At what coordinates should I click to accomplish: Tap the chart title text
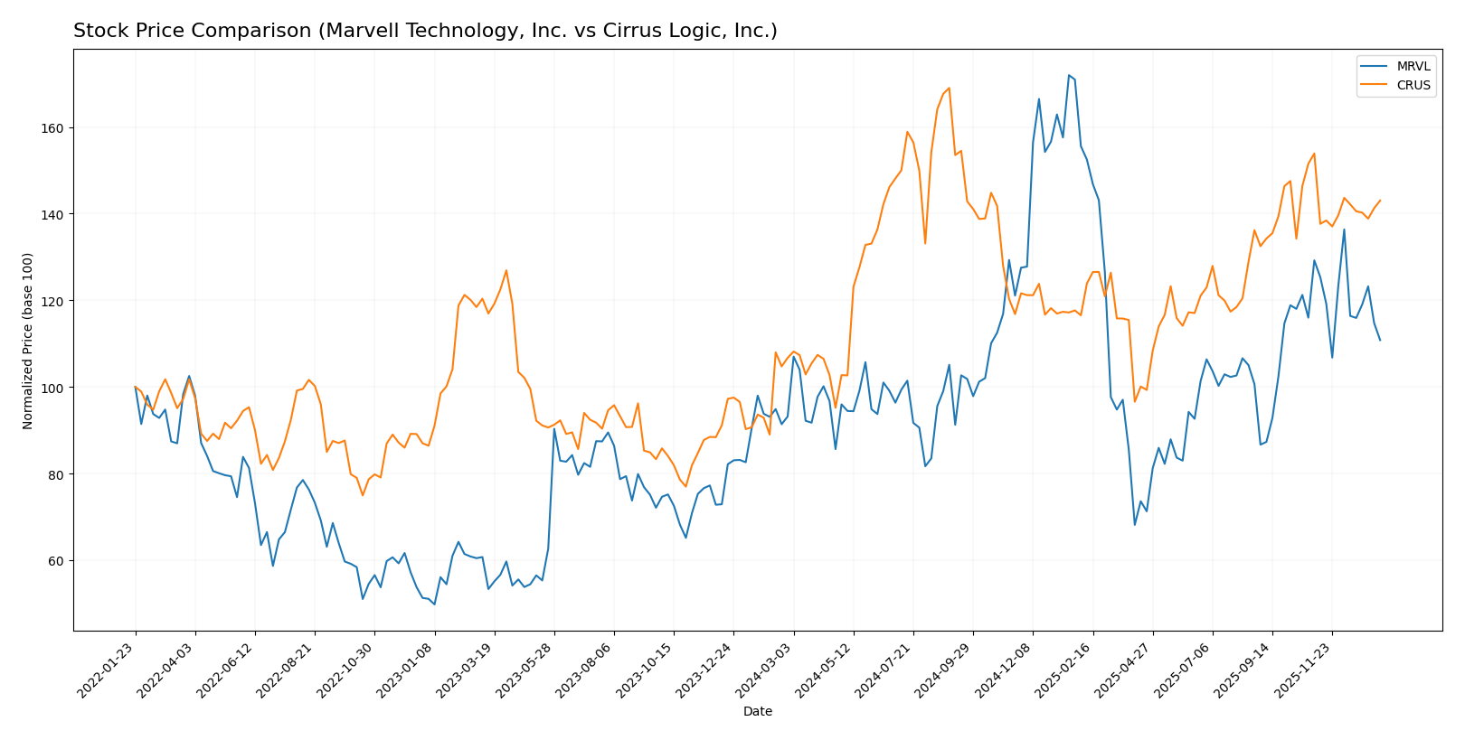point(425,32)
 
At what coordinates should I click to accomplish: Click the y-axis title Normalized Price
point(28,341)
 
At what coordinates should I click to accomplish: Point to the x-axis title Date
point(757,712)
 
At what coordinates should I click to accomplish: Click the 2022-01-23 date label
point(107,672)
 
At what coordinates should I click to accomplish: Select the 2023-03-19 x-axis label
point(466,672)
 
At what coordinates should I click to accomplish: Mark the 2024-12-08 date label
point(1004,672)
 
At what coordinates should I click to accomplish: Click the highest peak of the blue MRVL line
point(1068,75)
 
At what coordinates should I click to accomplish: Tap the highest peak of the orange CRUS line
point(949,88)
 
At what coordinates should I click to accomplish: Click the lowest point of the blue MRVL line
point(434,604)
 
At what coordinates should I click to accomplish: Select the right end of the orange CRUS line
point(1380,201)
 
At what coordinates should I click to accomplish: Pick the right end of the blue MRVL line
point(1380,340)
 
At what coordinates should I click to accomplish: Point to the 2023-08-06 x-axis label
point(585,672)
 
